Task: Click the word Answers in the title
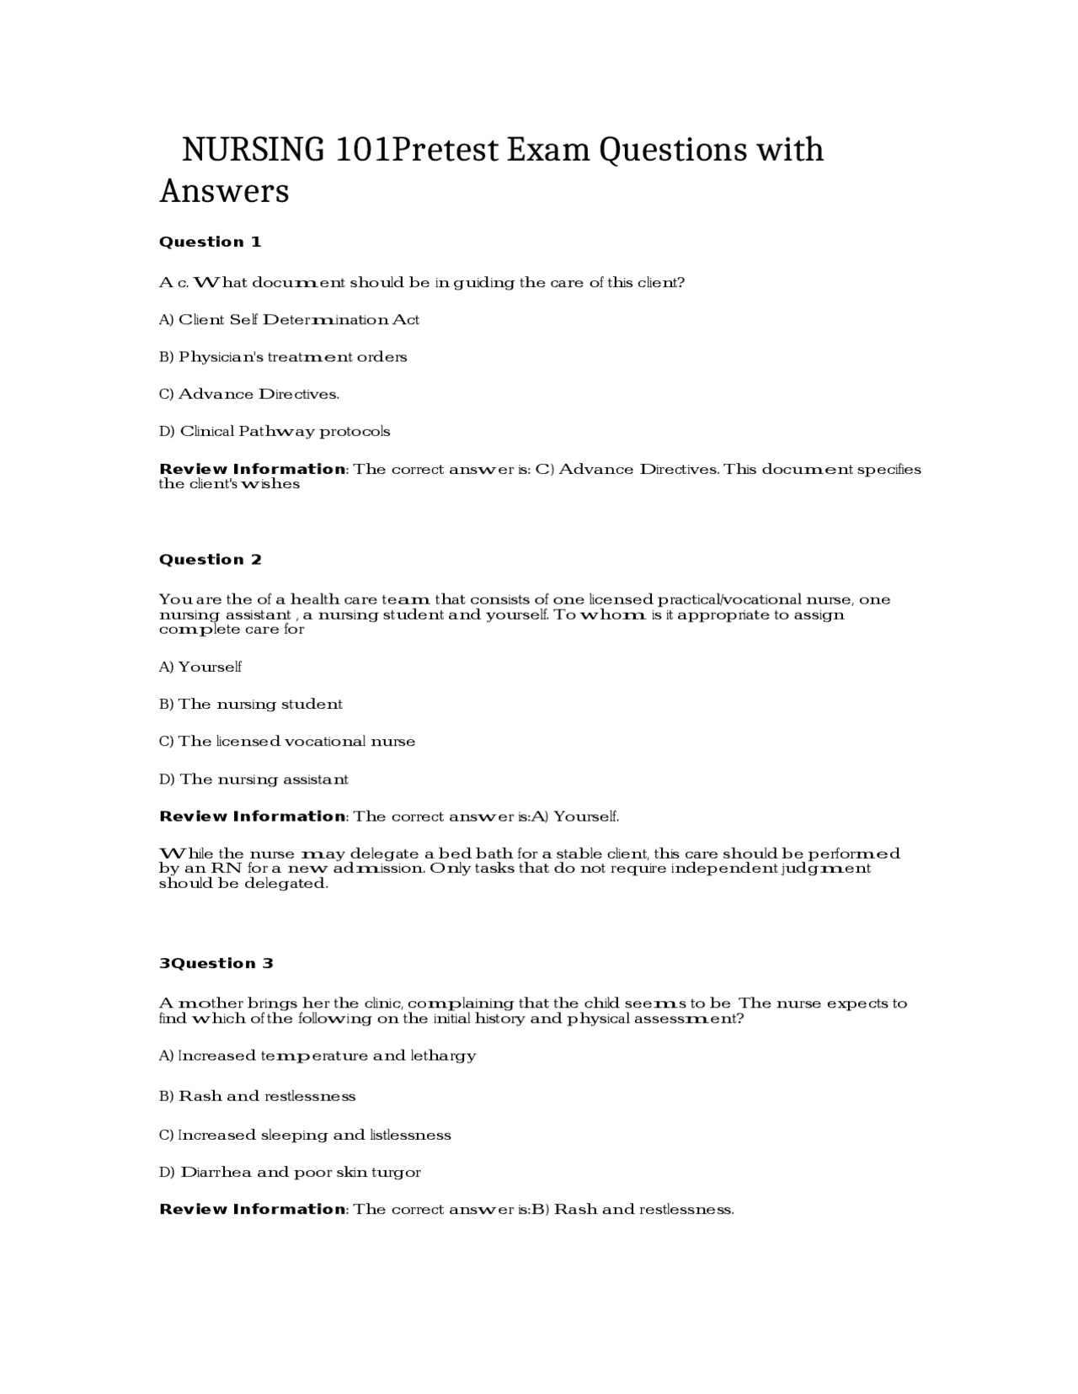(x=224, y=191)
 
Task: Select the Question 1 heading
(x=210, y=242)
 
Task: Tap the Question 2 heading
(x=210, y=560)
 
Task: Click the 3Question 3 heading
(x=216, y=964)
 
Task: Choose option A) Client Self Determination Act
(x=289, y=320)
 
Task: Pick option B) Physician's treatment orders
(x=283, y=357)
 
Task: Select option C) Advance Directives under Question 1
(x=249, y=394)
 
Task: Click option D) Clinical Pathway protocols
(x=275, y=432)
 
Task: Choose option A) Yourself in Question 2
(x=200, y=667)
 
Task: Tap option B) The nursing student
(x=251, y=705)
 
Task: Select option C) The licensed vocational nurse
(x=287, y=742)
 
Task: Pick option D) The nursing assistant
(x=253, y=779)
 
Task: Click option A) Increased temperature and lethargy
(x=318, y=1056)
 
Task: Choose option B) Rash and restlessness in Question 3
(x=257, y=1096)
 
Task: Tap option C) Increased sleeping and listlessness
(x=305, y=1135)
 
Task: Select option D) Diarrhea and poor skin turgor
(x=290, y=1172)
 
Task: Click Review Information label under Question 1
(x=252, y=469)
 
